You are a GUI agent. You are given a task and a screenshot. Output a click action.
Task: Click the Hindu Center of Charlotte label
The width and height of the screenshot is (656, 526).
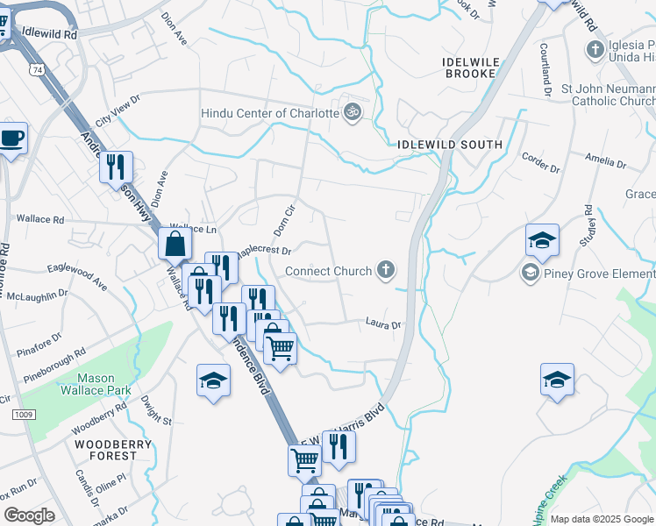click(x=269, y=113)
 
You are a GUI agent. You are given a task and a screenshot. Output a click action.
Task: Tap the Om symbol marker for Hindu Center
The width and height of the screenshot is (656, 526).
click(x=353, y=112)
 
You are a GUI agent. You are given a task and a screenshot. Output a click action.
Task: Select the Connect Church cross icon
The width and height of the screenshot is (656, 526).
click(x=385, y=271)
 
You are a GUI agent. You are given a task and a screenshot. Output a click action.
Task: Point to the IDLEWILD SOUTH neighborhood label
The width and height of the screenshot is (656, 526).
click(x=450, y=144)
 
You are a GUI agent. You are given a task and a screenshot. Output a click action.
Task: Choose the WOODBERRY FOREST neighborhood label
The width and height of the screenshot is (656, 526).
click(x=107, y=450)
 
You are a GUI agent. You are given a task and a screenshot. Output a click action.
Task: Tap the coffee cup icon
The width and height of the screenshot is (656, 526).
click(x=12, y=139)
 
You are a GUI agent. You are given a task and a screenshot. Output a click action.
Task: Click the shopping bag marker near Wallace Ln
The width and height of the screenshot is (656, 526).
click(x=175, y=243)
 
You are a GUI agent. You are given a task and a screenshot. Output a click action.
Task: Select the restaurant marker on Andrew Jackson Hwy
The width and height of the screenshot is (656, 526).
click(x=116, y=167)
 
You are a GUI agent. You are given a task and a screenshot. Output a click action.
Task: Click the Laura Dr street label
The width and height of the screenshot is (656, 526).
click(x=383, y=324)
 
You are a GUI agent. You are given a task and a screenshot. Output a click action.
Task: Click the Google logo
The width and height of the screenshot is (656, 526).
click(x=29, y=515)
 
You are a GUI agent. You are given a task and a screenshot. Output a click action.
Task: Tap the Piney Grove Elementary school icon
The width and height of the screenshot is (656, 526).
click(x=530, y=274)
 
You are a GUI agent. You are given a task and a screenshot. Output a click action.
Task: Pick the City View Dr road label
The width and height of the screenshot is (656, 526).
click(x=118, y=112)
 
